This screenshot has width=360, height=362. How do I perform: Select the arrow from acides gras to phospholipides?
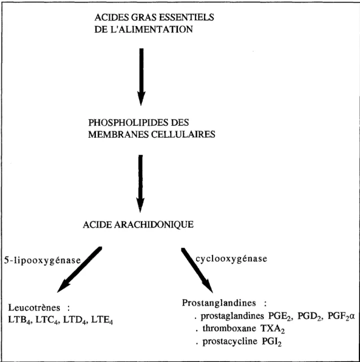(141, 77)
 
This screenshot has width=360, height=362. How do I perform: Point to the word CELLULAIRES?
(183, 134)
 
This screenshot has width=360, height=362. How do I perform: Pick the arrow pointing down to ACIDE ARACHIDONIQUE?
(140, 184)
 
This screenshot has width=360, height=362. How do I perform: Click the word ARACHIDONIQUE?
(154, 225)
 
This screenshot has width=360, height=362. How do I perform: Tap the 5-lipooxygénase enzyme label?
(42, 261)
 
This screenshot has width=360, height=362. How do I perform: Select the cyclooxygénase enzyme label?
(231, 259)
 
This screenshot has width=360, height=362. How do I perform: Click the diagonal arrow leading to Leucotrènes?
(79, 270)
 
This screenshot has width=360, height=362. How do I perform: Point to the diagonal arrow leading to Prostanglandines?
(197, 270)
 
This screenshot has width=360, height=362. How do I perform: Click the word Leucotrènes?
(34, 308)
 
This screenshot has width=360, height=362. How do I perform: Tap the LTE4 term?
(102, 320)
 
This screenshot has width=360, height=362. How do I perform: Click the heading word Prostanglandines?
(219, 303)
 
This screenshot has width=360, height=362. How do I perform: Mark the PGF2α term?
(341, 317)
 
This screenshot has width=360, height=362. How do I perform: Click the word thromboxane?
(229, 328)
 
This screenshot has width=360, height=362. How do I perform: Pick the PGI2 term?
(271, 342)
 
